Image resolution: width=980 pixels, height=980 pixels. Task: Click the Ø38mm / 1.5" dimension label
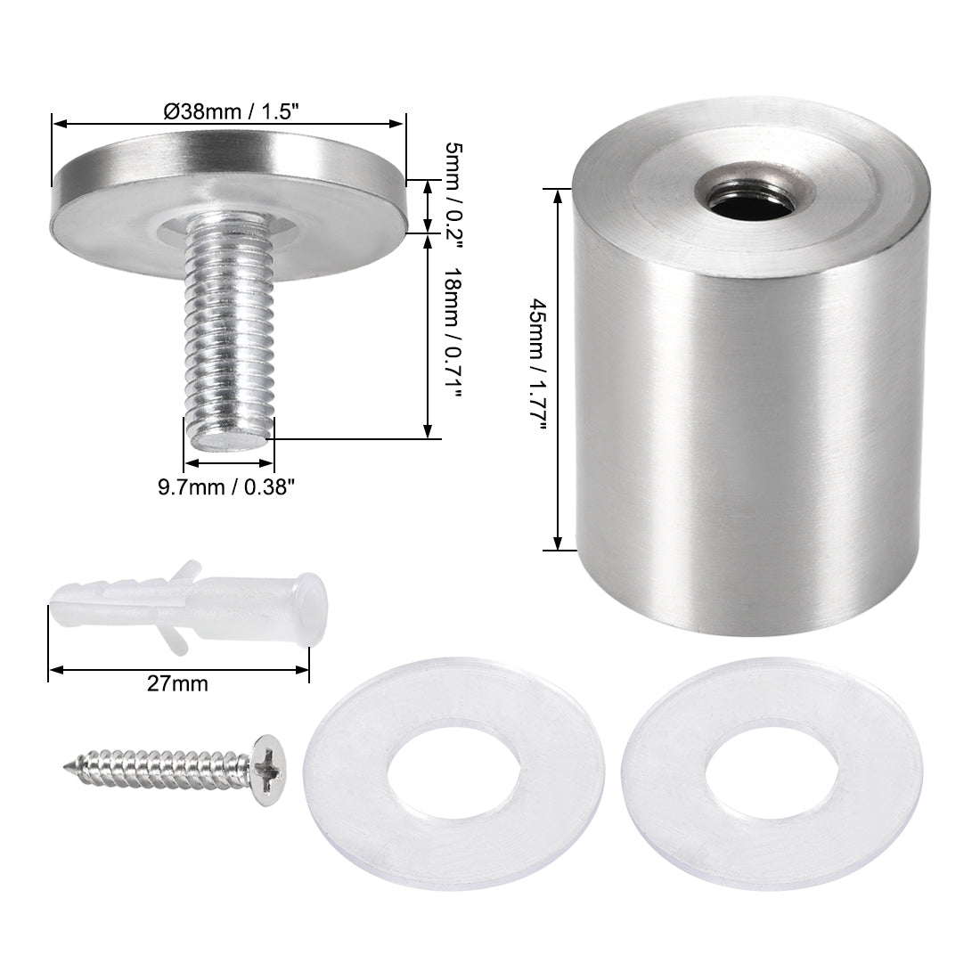pos(230,111)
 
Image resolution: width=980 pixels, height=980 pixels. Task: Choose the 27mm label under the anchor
pos(179,684)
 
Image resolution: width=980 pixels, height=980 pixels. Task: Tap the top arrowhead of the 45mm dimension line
pos(559,192)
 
